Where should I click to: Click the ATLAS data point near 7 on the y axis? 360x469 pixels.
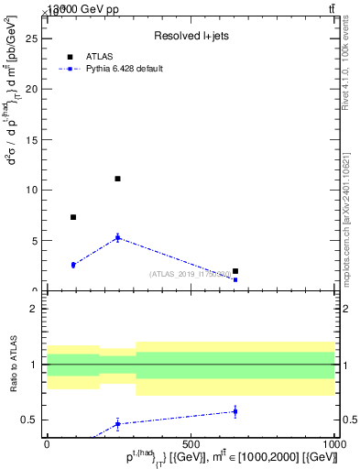pyautogui.click(x=73, y=217)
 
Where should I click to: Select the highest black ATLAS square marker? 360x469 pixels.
pyautogui.click(x=117, y=179)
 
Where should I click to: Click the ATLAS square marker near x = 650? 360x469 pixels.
pyautogui.click(x=235, y=271)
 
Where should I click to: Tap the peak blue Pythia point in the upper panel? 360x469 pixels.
pyautogui.click(x=117, y=238)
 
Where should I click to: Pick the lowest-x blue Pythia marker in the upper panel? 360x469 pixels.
pyautogui.click(x=73, y=265)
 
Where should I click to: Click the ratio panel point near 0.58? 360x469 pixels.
pyautogui.click(x=235, y=411)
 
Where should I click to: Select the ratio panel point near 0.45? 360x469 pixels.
pyautogui.click(x=117, y=423)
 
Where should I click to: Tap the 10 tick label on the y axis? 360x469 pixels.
pyautogui.click(x=31, y=191)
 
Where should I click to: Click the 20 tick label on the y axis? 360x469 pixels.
pyautogui.click(x=31, y=90)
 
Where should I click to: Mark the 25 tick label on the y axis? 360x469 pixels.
pyautogui.click(x=31, y=39)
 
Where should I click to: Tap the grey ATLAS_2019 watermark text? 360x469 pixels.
pyautogui.click(x=191, y=274)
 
